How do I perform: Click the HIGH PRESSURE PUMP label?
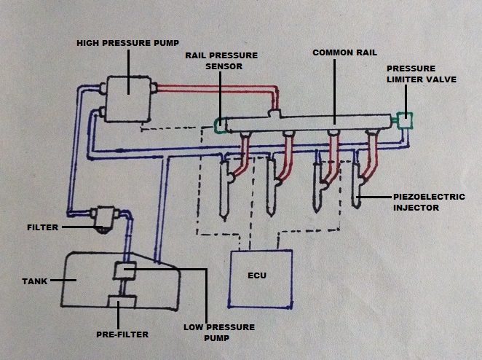[127, 43]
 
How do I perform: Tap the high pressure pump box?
[128, 99]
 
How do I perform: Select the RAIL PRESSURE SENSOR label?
[221, 60]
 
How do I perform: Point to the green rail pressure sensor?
[220, 125]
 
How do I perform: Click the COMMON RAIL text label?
[344, 52]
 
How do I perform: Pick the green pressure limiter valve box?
[405, 120]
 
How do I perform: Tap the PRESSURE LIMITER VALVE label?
[421, 74]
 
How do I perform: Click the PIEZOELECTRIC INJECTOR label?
[429, 202]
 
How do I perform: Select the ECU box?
[261, 278]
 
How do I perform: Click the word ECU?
[257, 275]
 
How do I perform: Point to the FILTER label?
[42, 227]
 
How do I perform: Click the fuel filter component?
[103, 219]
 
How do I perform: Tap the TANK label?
[35, 281]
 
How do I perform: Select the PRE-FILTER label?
[122, 334]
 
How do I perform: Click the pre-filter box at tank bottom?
[122, 301]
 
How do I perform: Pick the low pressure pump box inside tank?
[125, 270]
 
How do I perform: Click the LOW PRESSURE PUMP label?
[219, 332]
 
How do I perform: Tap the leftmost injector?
[224, 188]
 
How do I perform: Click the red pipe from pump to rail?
[216, 89]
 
